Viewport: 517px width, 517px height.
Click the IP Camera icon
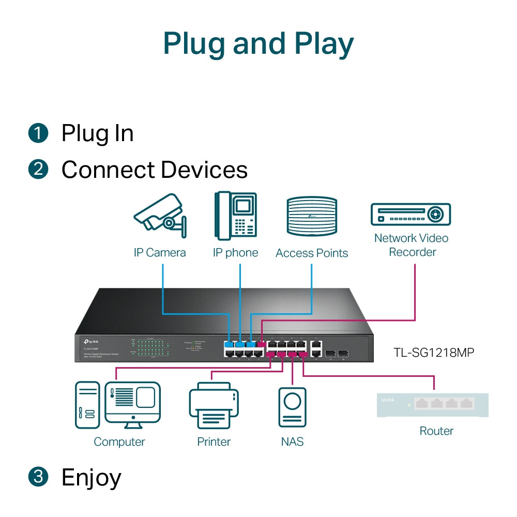(x=159, y=216)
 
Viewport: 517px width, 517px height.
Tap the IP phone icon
(x=236, y=216)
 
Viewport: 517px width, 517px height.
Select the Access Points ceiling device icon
(x=312, y=217)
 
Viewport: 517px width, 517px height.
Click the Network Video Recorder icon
(x=411, y=214)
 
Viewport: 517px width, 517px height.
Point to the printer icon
(x=214, y=406)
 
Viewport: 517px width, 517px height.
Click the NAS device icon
(x=292, y=407)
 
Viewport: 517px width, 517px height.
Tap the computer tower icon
(x=87, y=405)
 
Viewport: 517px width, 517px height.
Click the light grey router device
(x=433, y=405)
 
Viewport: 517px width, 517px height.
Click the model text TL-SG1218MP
(x=434, y=353)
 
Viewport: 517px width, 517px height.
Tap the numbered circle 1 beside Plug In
(x=38, y=133)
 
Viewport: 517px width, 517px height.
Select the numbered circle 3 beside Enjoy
(x=38, y=477)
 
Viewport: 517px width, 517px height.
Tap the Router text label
(x=436, y=431)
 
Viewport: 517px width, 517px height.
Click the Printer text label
(x=214, y=442)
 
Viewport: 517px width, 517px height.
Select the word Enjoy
(x=91, y=478)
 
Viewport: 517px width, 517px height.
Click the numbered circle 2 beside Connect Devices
(x=38, y=170)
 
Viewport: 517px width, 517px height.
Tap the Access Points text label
(x=312, y=253)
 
